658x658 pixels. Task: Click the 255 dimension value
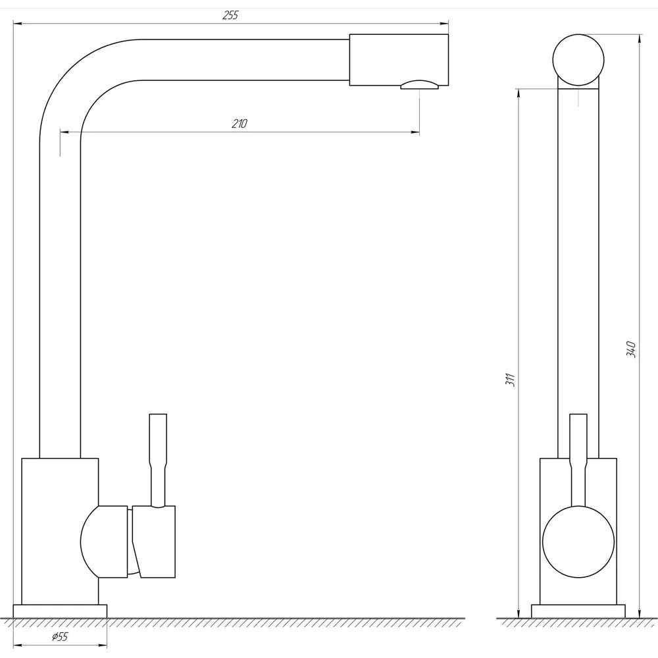(x=230, y=16)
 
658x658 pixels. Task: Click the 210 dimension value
(x=240, y=124)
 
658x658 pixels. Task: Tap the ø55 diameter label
(x=60, y=637)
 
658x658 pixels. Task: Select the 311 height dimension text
(x=511, y=380)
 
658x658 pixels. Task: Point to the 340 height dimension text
(x=631, y=349)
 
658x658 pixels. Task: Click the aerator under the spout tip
(x=419, y=85)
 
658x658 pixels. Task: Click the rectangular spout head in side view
(x=399, y=60)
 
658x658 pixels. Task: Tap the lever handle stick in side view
(x=578, y=460)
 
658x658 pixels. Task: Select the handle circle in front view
(x=578, y=542)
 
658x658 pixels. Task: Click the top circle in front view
(x=578, y=60)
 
